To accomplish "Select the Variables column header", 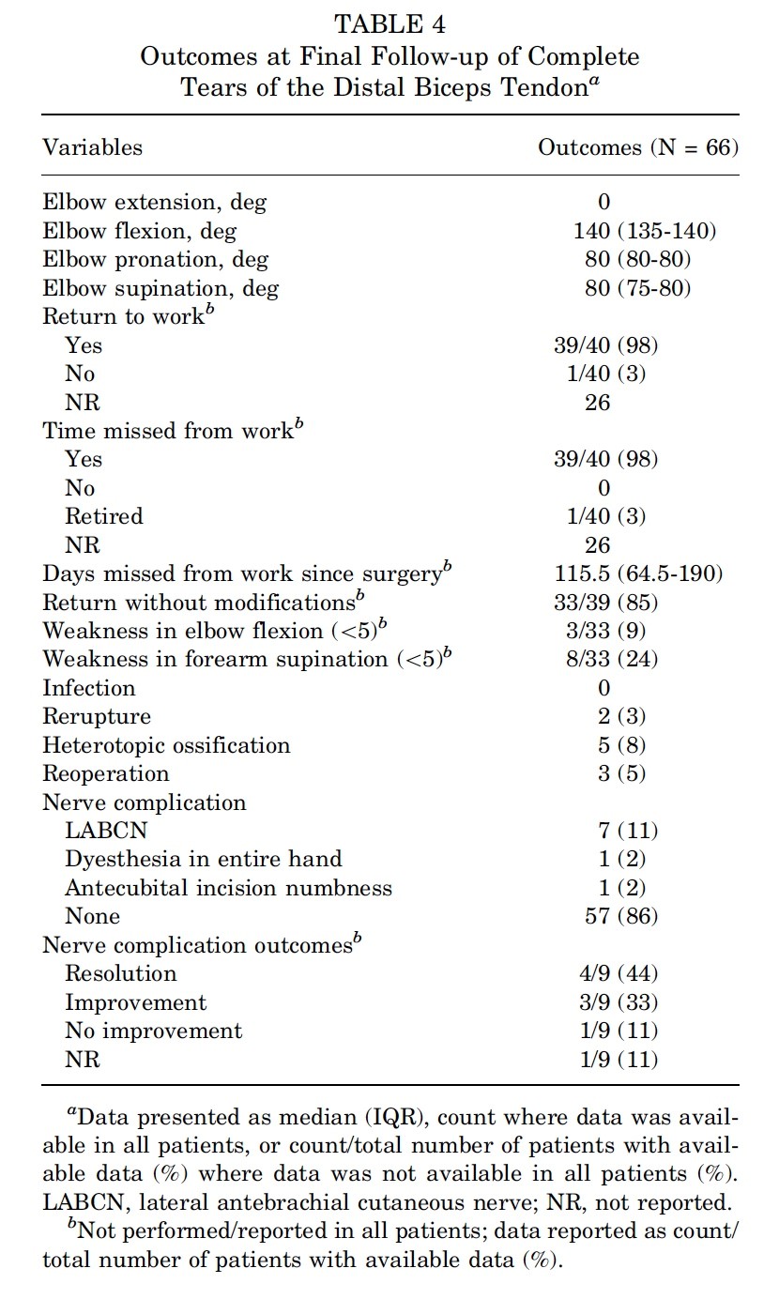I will [x=92, y=147].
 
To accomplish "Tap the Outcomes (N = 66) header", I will [x=637, y=147].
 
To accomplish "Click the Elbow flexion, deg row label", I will [x=139, y=231].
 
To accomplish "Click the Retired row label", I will [x=103, y=516].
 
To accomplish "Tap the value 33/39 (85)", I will [x=605, y=602].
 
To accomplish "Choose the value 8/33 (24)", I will [x=605, y=659].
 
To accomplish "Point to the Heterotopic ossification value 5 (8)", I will [x=604, y=745].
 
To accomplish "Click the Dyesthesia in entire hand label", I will [x=203, y=859].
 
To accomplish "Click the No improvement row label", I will [x=153, y=1031].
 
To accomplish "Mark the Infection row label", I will [x=88, y=688].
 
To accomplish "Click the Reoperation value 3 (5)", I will [x=604, y=773].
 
